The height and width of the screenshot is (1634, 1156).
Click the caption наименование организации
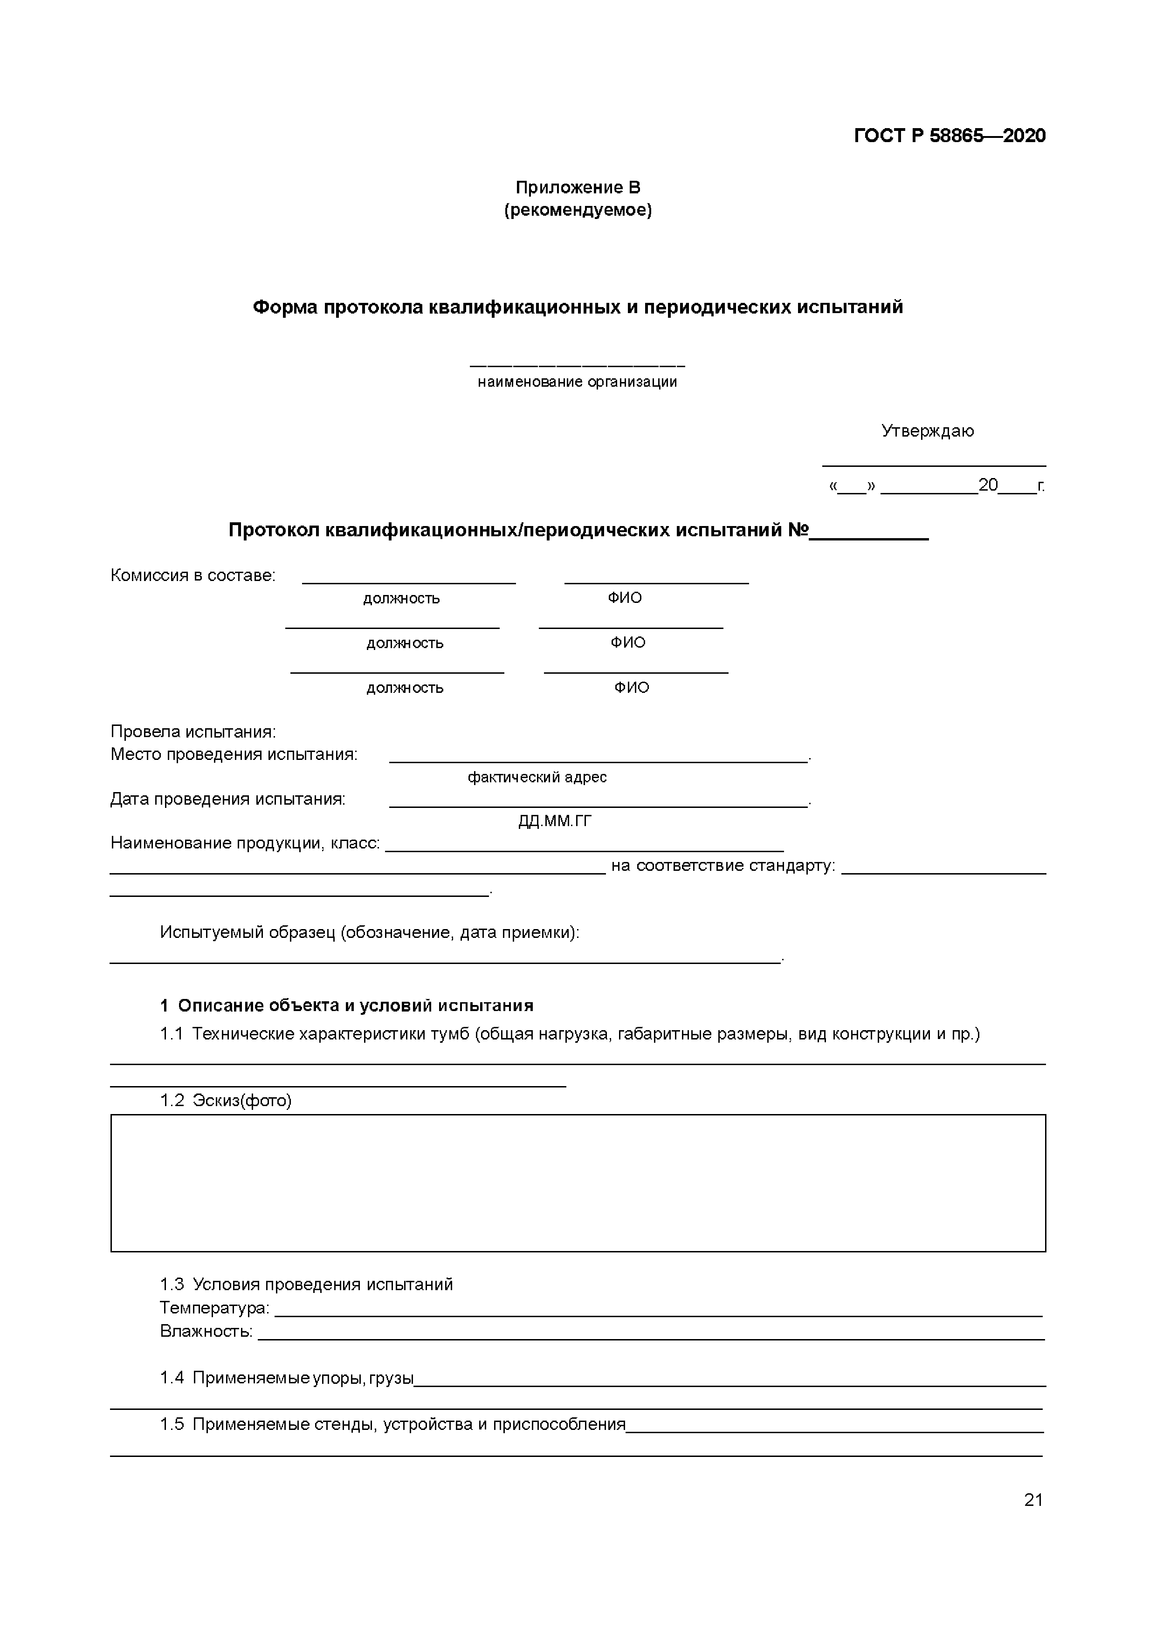click(x=577, y=382)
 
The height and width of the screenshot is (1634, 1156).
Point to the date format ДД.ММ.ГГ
click(x=555, y=821)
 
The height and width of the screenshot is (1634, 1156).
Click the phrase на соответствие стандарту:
click(x=722, y=865)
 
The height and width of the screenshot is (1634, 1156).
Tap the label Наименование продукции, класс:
click(x=245, y=843)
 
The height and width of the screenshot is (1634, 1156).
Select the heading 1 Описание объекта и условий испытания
click(x=347, y=1005)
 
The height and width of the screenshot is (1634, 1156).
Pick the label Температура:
click(x=214, y=1307)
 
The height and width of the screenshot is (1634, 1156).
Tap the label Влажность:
click(x=206, y=1330)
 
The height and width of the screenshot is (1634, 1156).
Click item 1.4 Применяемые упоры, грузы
click(x=286, y=1378)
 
